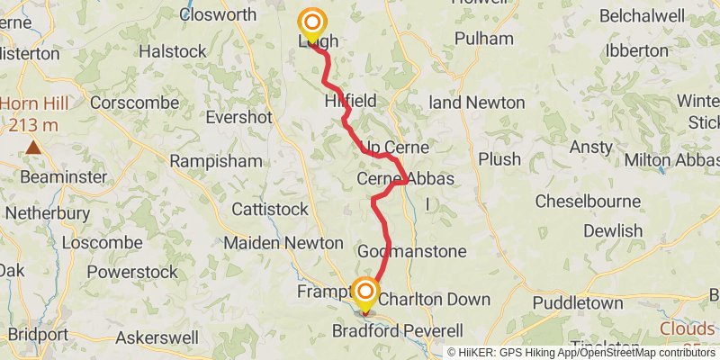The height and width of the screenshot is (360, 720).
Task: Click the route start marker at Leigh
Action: point(312,22)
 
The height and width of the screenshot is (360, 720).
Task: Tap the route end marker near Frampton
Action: point(364,292)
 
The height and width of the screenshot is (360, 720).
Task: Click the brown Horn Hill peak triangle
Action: point(33,147)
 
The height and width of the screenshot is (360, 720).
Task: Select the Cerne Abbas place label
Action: point(406,179)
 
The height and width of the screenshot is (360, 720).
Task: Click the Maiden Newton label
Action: point(283,243)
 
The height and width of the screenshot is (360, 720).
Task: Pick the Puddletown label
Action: point(577,303)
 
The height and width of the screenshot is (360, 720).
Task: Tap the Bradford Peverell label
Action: point(409,330)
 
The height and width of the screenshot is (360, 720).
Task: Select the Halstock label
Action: point(172,51)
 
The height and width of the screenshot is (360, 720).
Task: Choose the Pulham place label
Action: point(484,39)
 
